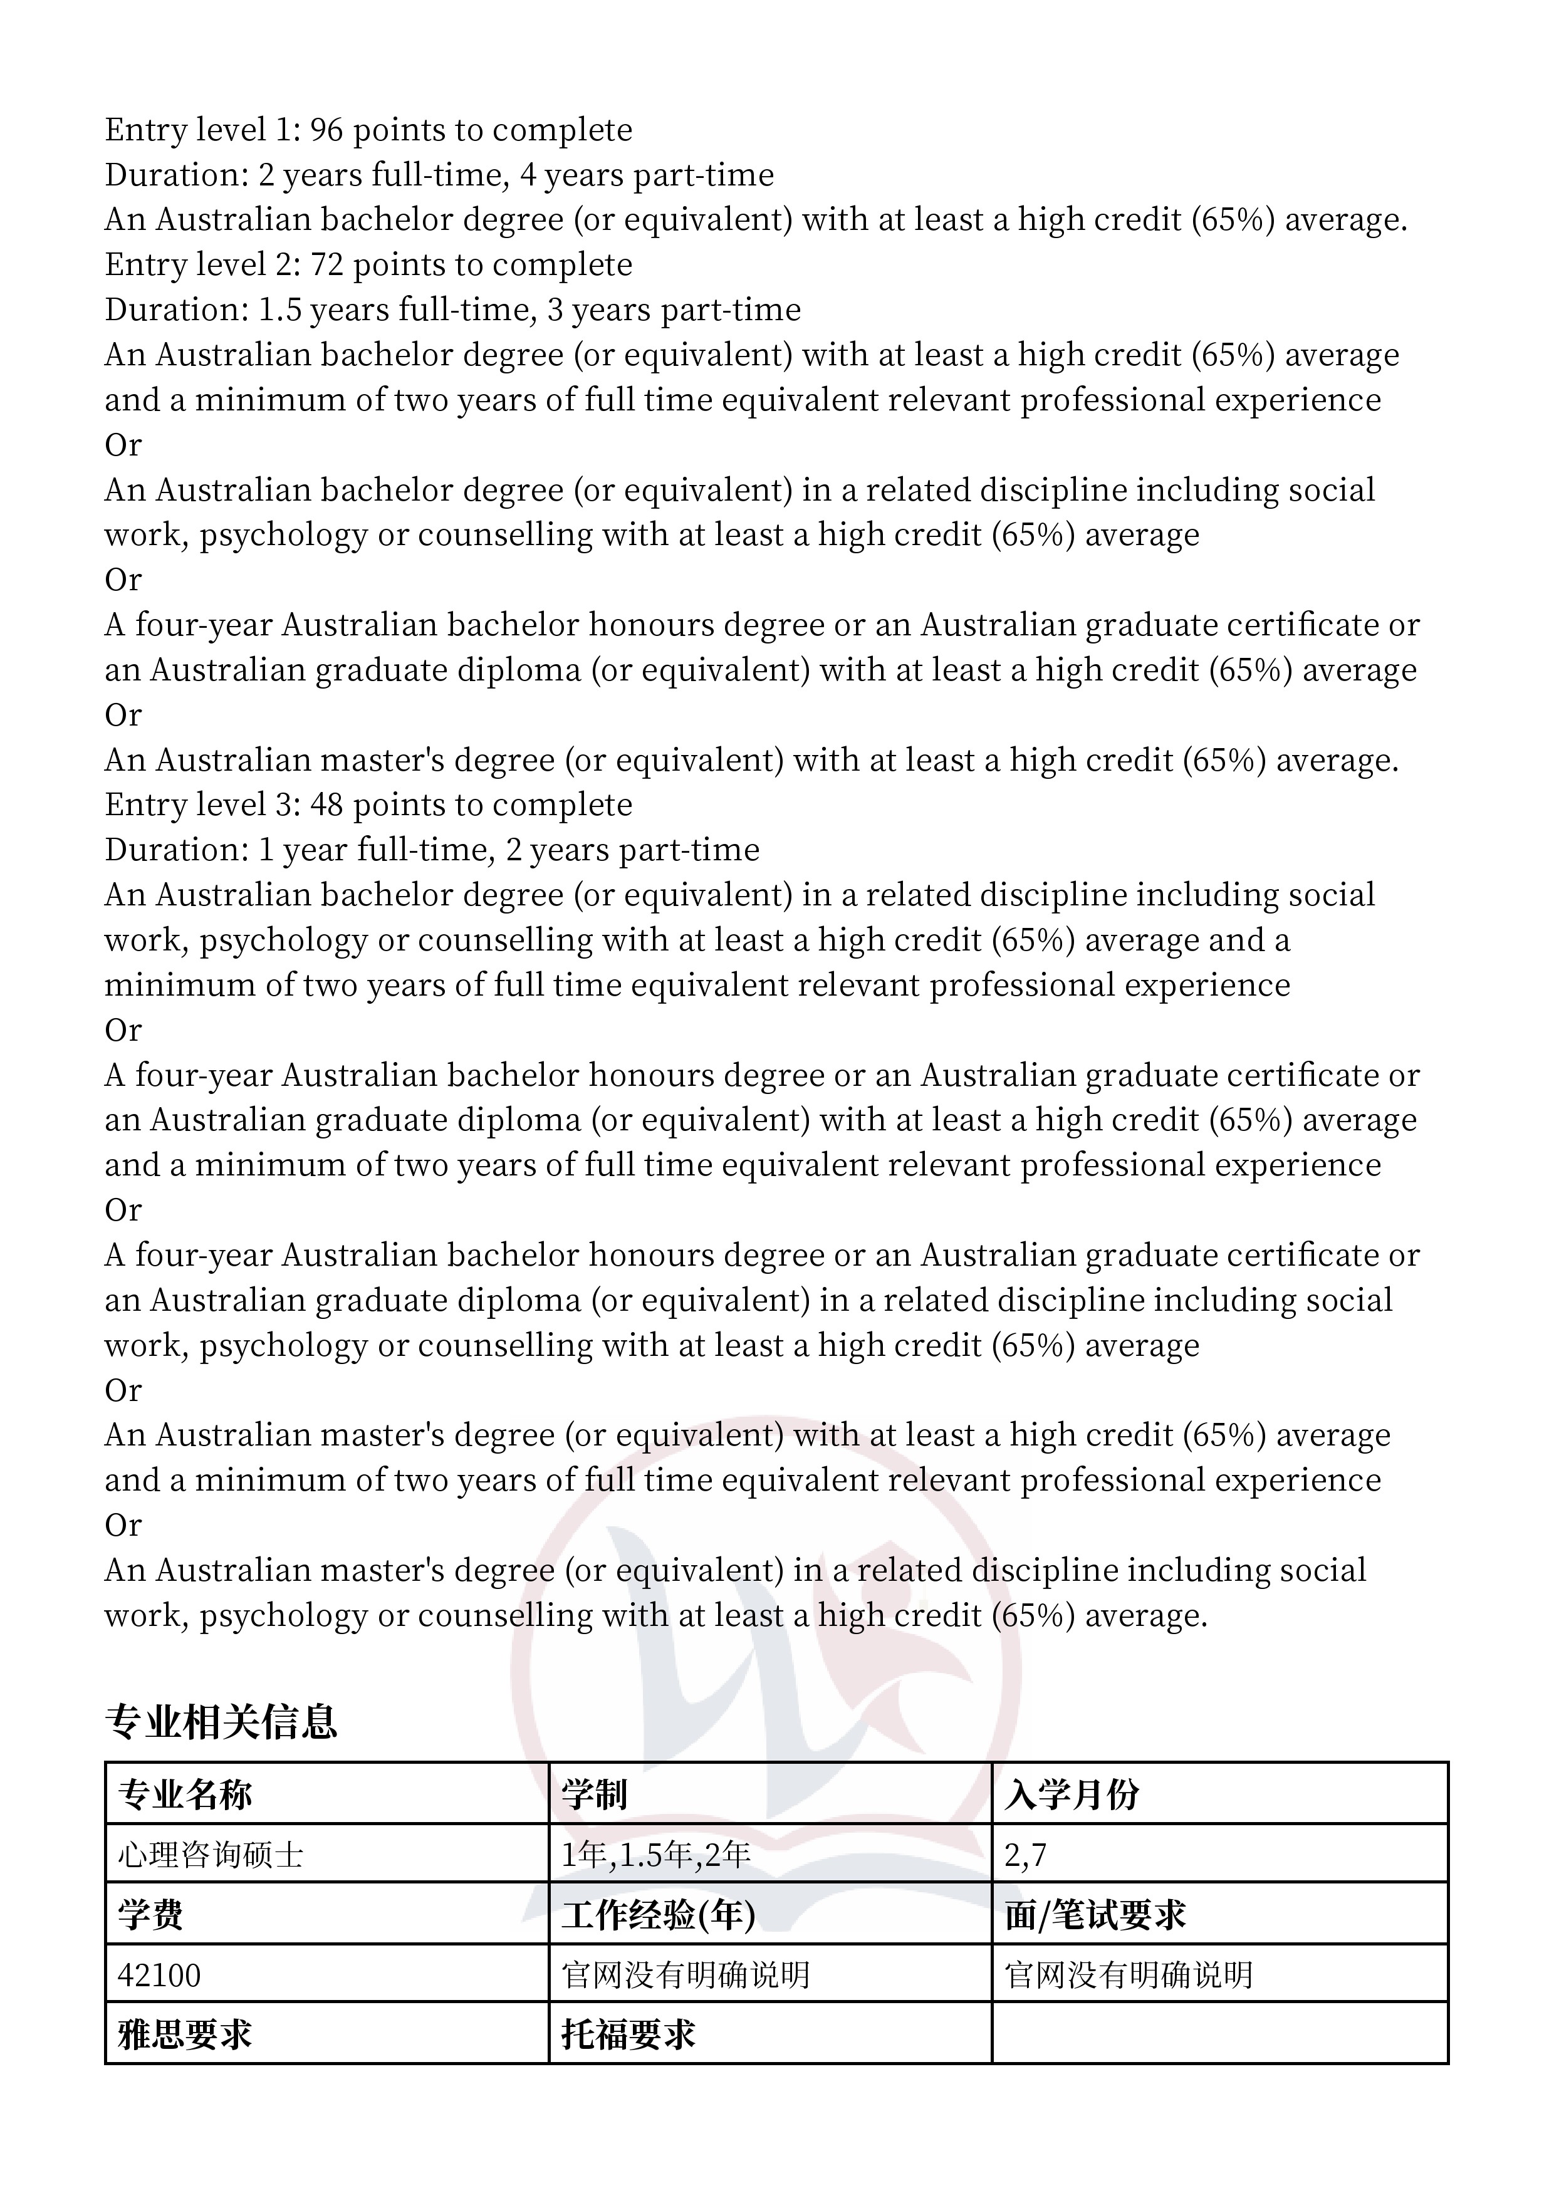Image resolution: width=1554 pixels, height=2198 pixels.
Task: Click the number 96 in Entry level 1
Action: click(326, 130)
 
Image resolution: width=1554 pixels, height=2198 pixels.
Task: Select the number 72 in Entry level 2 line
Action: click(326, 265)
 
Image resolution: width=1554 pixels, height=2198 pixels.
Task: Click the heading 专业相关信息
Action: click(221, 1721)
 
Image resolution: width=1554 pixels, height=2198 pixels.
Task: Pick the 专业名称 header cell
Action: click(185, 1794)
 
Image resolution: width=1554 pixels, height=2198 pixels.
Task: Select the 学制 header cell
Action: click(593, 1794)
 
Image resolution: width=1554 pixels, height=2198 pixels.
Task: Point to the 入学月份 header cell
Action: click(1072, 1794)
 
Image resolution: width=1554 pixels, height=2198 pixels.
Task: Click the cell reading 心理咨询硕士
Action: click(211, 1855)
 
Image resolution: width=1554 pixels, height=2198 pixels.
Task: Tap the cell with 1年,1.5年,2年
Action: click(656, 1855)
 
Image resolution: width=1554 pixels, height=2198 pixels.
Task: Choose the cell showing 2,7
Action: click(1026, 1855)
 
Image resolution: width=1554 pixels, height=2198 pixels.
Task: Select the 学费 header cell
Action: click(150, 1915)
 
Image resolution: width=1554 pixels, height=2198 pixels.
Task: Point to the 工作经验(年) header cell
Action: click(659, 1915)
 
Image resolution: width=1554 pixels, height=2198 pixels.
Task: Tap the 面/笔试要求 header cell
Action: click(1095, 1915)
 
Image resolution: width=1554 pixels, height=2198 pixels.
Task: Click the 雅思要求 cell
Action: click(185, 2034)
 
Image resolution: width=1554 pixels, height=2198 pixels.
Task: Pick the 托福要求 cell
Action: click(628, 2034)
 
